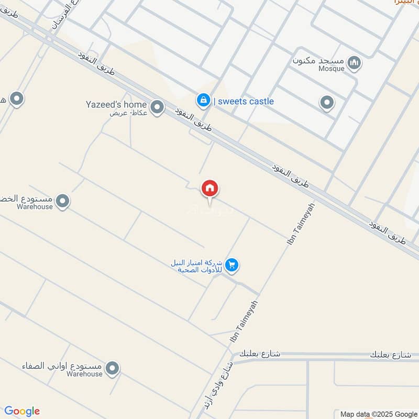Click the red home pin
coord(210,188)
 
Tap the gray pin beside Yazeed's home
coord(157,107)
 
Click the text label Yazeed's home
coord(116,104)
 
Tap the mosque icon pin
coord(355,63)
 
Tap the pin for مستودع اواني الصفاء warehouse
coord(112,369)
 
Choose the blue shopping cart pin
coord(232,265)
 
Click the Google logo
coord(22,411)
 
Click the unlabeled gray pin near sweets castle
coord(327,102)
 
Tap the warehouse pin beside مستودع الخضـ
coord(62,201)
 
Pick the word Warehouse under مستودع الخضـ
coord(35,206)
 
